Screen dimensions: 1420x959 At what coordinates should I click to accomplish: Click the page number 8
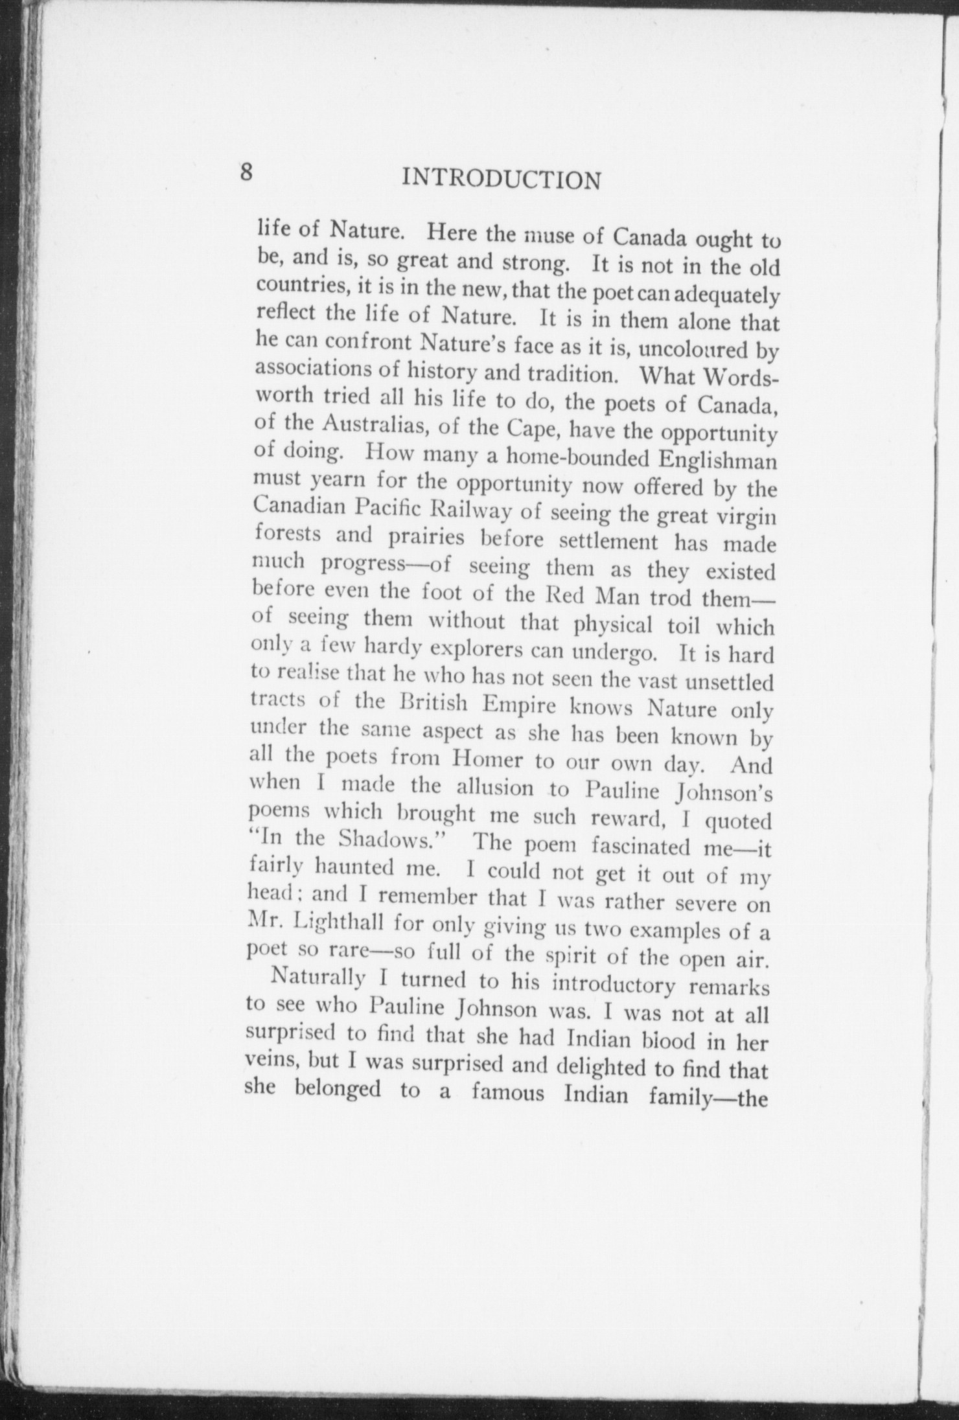[x=246, y=173]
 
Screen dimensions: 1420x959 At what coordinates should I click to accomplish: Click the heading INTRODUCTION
[x=501, y=179]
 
